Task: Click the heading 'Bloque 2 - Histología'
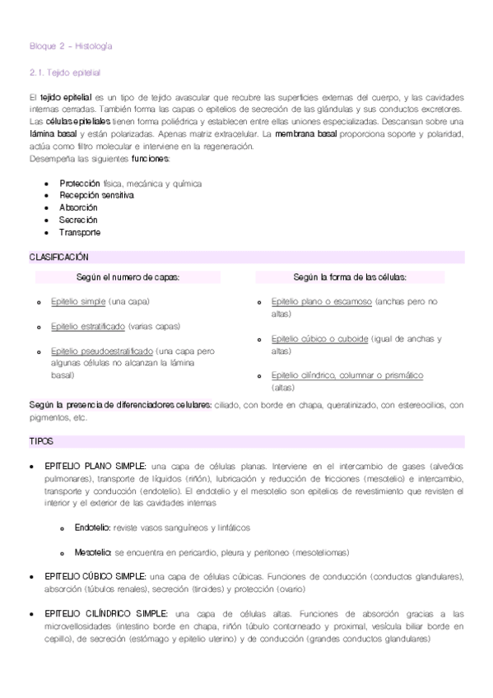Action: [x=70, y=47]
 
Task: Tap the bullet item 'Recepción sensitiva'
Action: [x=96, y=196]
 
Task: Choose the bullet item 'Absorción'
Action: [x=78, y=208]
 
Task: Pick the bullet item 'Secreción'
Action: [x=78, y=221]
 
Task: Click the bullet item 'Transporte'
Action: [x=80, y=233]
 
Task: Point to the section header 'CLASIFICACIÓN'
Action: [x=59, y=258]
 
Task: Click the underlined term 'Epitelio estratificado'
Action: [x=88, y=327]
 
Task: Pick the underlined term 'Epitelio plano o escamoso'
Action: [x=321, y=302]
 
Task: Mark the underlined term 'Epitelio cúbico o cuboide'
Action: [x=319, y=339]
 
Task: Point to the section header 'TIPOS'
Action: [x=41, y=442]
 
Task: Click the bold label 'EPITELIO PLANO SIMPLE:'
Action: [x=95, y=466]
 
